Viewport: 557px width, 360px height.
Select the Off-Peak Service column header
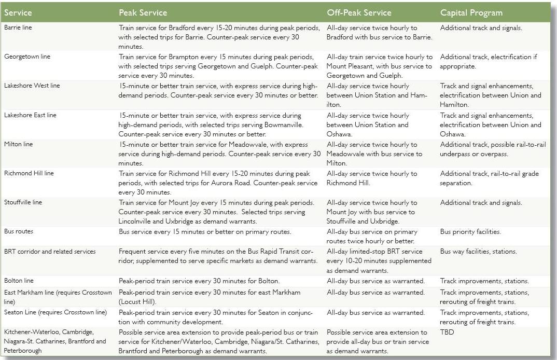[x=359, y=12]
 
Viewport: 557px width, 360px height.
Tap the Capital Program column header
[x=471, y=12]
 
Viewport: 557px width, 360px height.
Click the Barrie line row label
[x=18, y=27]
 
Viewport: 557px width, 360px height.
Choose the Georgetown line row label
[x=27, y=57]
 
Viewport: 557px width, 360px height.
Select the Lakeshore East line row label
[x=30, y=115]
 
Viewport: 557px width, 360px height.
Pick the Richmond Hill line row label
[x=29, y=173]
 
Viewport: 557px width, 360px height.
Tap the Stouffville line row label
[x=23, y=202]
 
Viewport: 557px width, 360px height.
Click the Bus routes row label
[x=18, y=231]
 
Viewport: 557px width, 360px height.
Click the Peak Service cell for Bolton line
[x=199, y=281]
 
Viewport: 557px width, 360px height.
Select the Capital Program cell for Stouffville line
[x=481, y=202]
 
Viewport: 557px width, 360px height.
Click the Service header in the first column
[x=18, y=12]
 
